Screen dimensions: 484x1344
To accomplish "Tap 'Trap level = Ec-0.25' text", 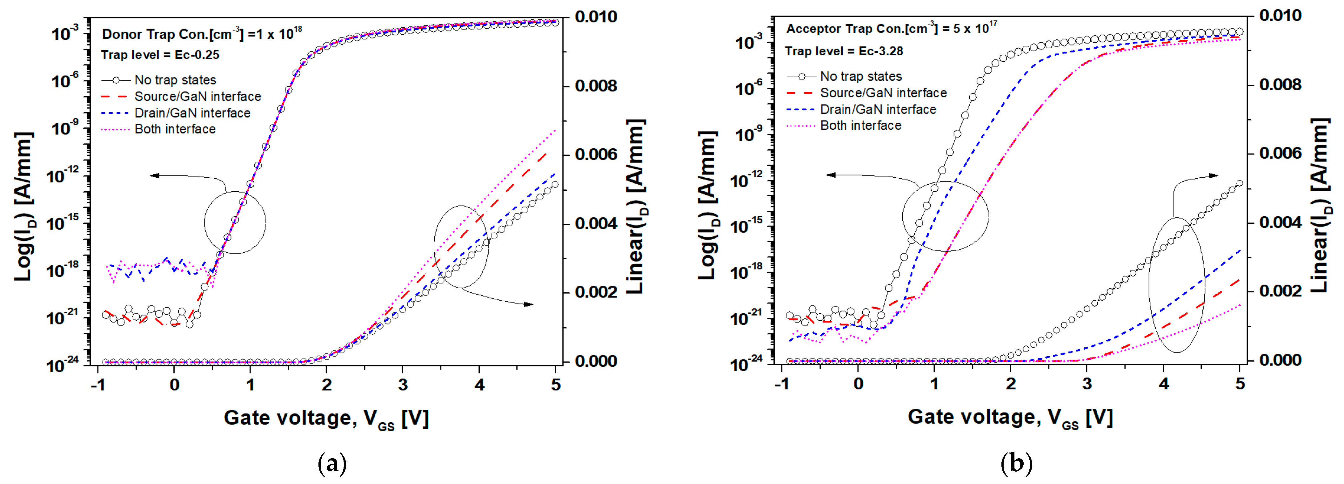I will tap(160, 55).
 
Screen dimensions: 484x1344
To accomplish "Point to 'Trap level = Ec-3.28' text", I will tap(844, 51).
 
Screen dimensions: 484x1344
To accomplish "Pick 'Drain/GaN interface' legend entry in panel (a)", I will tap(192, 113).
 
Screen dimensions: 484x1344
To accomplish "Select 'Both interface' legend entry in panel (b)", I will tap(860, 126).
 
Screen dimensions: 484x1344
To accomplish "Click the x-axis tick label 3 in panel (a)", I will tap(403, 385).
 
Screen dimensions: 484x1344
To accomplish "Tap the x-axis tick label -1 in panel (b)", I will tap(781, 384).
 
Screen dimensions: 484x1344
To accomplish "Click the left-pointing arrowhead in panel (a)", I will tap(154, 175).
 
